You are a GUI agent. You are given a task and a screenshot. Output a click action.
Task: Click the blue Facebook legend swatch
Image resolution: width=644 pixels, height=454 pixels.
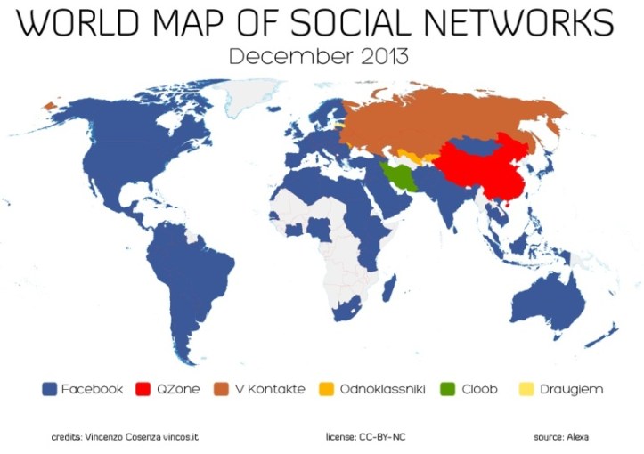[50, 389]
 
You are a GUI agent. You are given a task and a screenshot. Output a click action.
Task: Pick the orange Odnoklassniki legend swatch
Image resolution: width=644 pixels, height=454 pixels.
[327, 389]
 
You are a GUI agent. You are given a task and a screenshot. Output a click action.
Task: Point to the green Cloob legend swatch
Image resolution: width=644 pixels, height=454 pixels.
[449, 389]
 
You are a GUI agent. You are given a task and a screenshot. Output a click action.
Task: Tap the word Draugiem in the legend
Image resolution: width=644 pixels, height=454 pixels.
[572, 389]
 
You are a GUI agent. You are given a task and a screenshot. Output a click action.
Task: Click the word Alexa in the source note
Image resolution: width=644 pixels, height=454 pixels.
[575, 437]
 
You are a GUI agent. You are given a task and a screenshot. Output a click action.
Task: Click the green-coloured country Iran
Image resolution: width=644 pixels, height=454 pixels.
[402, 178]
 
